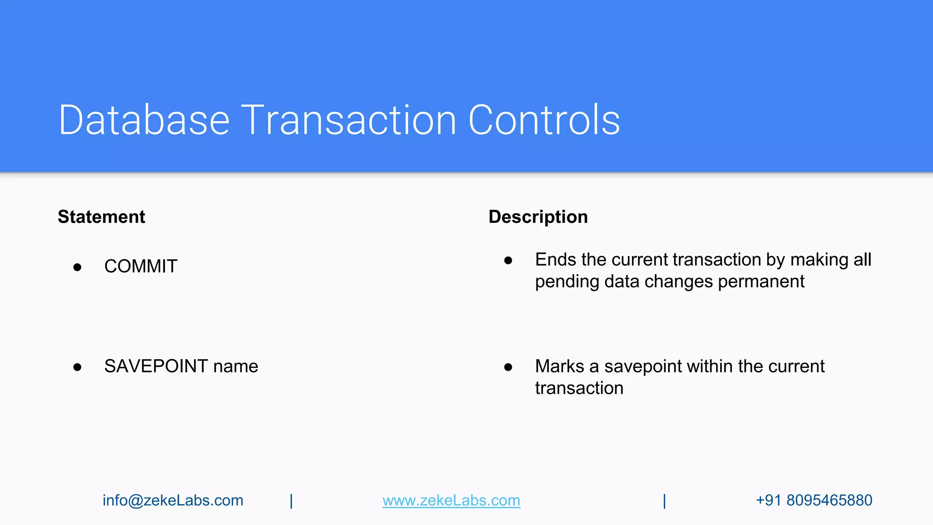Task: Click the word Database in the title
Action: (x=144, y=120)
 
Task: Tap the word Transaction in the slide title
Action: (x=349, y=120)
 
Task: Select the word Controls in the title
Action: (x=544, y=120)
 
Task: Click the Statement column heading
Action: (x=101, y=217)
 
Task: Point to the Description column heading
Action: (x=538, y=217)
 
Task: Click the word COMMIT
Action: (x=141, y=266)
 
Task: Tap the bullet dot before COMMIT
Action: (x=77, y=267)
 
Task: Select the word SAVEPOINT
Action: (x=156, y=366)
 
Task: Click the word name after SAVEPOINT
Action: (x=236, y=366)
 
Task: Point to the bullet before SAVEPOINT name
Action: (x=77, y=367)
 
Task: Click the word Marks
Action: (x=559, y=366)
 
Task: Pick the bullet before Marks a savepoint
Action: (x=508, y=367)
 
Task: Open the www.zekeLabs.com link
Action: (x=451, y=500)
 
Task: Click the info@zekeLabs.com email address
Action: (x=173, y=500)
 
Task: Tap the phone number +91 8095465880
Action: (x=814, y=500)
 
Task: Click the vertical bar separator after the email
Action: (x=292, y=501)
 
